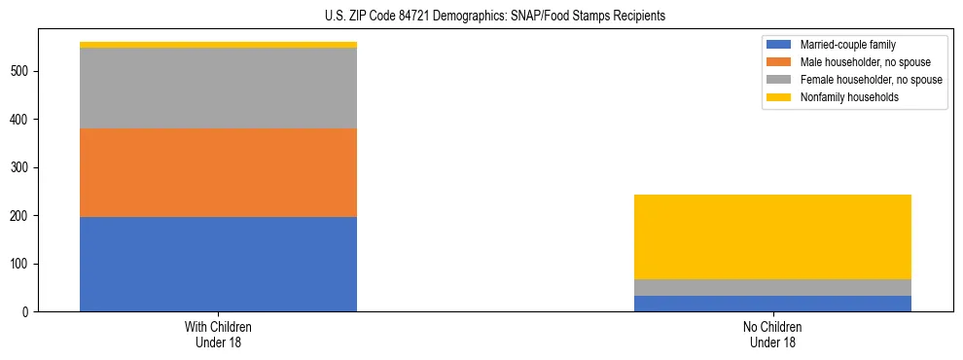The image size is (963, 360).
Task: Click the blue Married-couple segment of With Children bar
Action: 218,264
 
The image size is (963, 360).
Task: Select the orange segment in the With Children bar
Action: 218,172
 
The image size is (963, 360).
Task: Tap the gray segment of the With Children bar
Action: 218,88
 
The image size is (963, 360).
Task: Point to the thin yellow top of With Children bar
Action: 218,45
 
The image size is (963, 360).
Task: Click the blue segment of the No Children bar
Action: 772,304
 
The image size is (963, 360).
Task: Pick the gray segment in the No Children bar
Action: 772,287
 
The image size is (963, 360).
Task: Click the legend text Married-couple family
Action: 847,45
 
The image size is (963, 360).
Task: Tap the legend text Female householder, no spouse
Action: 871,80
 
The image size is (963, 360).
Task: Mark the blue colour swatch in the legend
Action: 779,45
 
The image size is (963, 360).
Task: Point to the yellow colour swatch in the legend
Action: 779,97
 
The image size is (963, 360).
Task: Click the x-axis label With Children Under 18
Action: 218,334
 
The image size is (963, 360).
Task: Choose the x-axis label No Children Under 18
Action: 772,334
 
